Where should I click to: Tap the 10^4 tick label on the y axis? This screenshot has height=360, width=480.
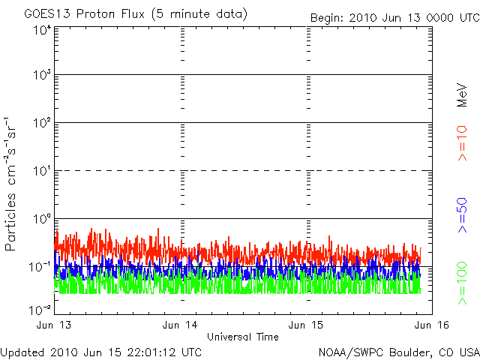pyautogui.click(x=41, y=30)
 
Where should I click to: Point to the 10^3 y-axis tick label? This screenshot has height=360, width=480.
pyautogui.click(x=41, y=76)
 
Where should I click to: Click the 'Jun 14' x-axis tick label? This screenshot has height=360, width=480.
pyautogui.click(x=181, y=325)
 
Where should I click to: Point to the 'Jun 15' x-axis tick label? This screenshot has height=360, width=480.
pyautogui.click(x=307, y=325)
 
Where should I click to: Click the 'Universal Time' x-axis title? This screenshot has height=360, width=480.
pyautogui.click(x=242, y=337)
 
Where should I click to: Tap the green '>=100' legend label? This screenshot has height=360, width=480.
pyautogui.click(x=462, y=283)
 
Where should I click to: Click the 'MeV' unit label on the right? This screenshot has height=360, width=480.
pyautogui.click(x=462, y=93)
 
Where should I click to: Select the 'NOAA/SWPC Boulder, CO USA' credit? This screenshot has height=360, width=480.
pyautogui.click(x=398, y=351)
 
